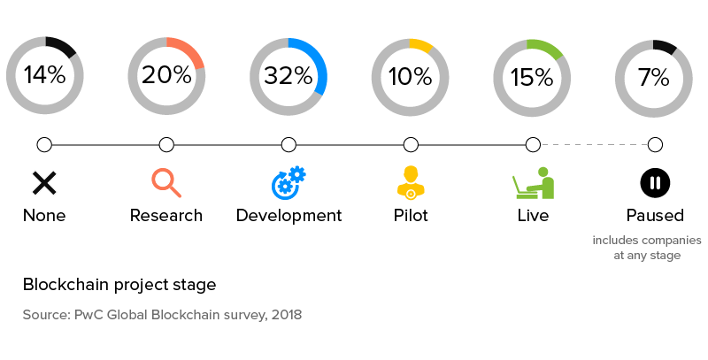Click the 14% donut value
[44, 76]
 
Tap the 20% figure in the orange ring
[166, 76]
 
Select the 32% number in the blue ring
[289, 76]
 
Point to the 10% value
[411, 76]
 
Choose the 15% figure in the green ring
[532, 76]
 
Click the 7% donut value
[654, 76]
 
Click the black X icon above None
[44, 183]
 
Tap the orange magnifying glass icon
[166, 182]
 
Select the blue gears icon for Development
[289, 182]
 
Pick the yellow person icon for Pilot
[411, 181]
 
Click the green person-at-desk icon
[533, 182]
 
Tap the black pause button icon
[655, 183]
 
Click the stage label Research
[166, 215]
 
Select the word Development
[289, 215]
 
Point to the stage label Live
[533, 215]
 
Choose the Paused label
[655, 215]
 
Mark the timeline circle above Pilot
[411, 144]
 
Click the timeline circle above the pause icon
[655, 144]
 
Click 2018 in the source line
[286, 315]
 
